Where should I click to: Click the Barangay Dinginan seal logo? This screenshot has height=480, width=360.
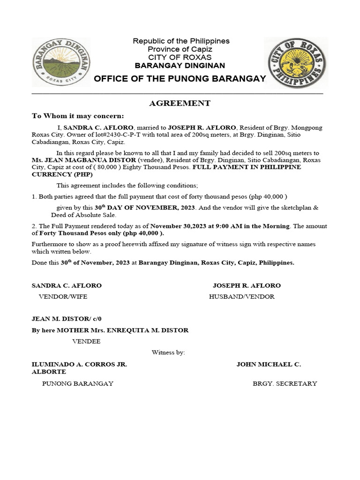tap(60, 62)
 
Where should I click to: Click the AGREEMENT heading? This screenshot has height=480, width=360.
tap(180, 104)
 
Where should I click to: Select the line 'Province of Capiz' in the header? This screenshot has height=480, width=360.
tap(180, 49)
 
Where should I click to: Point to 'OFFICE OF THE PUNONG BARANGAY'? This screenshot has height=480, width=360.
tap(180, 78)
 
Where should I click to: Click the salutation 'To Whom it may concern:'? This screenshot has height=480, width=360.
tap(78, 116)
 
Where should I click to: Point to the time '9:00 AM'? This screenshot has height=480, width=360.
tap(226, 226)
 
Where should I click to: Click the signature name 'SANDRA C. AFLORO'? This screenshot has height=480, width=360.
tap(67, 285)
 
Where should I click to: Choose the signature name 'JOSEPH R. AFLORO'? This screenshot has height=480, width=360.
tap(247, 285)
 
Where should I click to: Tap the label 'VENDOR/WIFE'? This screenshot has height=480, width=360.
tap(63, 297)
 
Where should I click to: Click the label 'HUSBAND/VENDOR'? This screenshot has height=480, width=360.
tap(241, 297)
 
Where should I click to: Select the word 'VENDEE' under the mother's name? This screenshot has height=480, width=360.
tap(86, 341)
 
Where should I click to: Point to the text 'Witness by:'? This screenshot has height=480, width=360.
tap(169, 352)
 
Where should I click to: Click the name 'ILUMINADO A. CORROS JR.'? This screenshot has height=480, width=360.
tap(79, 364)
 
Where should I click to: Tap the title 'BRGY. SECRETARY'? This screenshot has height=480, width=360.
tap(285, 383)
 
